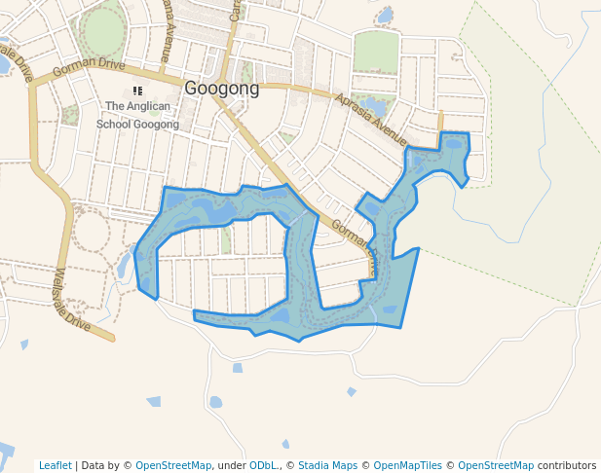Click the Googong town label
click(222, 89)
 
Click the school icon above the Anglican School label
click(137, 91)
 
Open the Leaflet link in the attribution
click(56, 465)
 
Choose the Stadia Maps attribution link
click(327, 465)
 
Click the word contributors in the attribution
click(566, 465)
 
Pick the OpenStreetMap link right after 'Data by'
click(172, 465)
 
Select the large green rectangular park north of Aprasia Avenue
click(375, 52)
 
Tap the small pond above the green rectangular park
click(386, 15)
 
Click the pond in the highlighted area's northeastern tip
click(454, 144)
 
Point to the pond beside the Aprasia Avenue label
click(373, 102)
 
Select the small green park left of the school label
click(70, 115)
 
